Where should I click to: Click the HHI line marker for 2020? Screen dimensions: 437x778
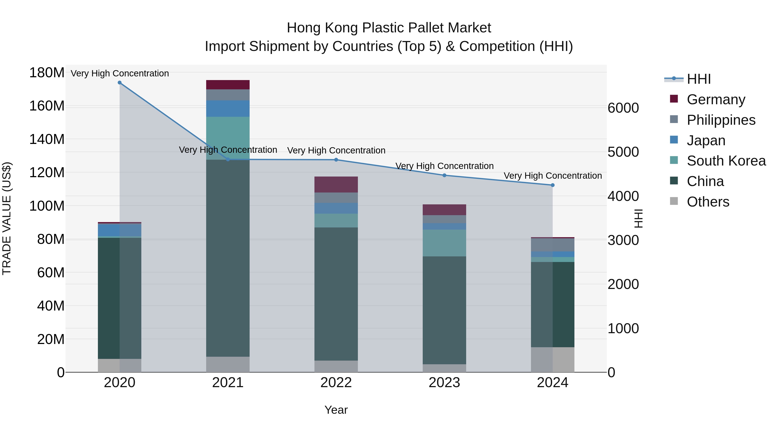(x=120, y=83)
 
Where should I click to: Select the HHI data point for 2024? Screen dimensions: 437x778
(x=552, y=185)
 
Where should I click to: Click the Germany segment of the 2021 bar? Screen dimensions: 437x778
(x=228, y=85)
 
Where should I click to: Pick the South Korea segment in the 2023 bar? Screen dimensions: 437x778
(x=444, y=243)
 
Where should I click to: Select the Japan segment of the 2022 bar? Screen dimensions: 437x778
(x=336, y=208)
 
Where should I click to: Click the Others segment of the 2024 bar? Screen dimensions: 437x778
(x=552, y=360)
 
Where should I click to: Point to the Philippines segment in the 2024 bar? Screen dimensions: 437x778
(x=552, y=245)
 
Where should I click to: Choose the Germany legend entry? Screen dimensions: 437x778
(x=716, y=99)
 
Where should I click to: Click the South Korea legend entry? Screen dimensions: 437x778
(x=726, y=161)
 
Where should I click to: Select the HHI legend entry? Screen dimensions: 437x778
(x=698, y=79)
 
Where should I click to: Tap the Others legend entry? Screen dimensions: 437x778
(x=708, y=202)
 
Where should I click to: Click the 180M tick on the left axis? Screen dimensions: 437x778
(x=47, y=73)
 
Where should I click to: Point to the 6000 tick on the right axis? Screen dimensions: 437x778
(x=623, y=108)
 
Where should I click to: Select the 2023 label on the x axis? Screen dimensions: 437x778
(x=444, y=383)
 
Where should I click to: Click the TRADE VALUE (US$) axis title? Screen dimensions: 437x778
(x=7, y=218)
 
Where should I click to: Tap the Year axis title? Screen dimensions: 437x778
(x=336, y=410)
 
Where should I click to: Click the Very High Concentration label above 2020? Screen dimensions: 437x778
(x=120, y=73)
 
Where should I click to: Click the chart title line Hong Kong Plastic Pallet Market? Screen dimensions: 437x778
(x=389, y=28)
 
